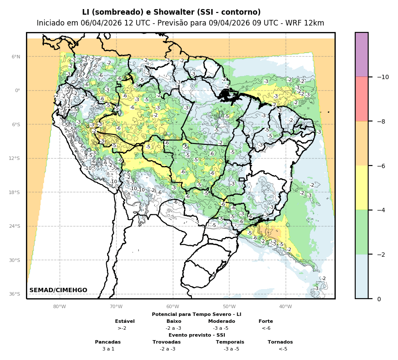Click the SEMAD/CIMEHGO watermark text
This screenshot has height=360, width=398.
[58, 290]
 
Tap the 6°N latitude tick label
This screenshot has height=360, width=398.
[16, 57]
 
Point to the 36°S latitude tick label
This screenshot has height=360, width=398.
[14, 294]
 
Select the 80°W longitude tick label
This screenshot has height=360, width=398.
[60, 307]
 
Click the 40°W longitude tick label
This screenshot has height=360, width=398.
[285, 307]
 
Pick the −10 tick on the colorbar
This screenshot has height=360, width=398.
[382, 77]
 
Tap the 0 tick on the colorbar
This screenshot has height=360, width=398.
[379, 299]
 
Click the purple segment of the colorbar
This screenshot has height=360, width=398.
[362, 54]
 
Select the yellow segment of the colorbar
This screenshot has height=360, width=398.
[362, 188]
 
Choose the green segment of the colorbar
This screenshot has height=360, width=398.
[362, 232]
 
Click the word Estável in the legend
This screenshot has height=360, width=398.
[125, 321]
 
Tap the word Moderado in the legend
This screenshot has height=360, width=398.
[222, 321]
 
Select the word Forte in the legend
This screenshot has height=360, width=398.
[266, 321]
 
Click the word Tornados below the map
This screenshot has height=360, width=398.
[280, 342]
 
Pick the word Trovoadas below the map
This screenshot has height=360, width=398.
[166, 342]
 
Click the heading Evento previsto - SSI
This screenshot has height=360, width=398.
[197, 335]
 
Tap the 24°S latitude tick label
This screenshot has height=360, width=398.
[15, 226]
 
